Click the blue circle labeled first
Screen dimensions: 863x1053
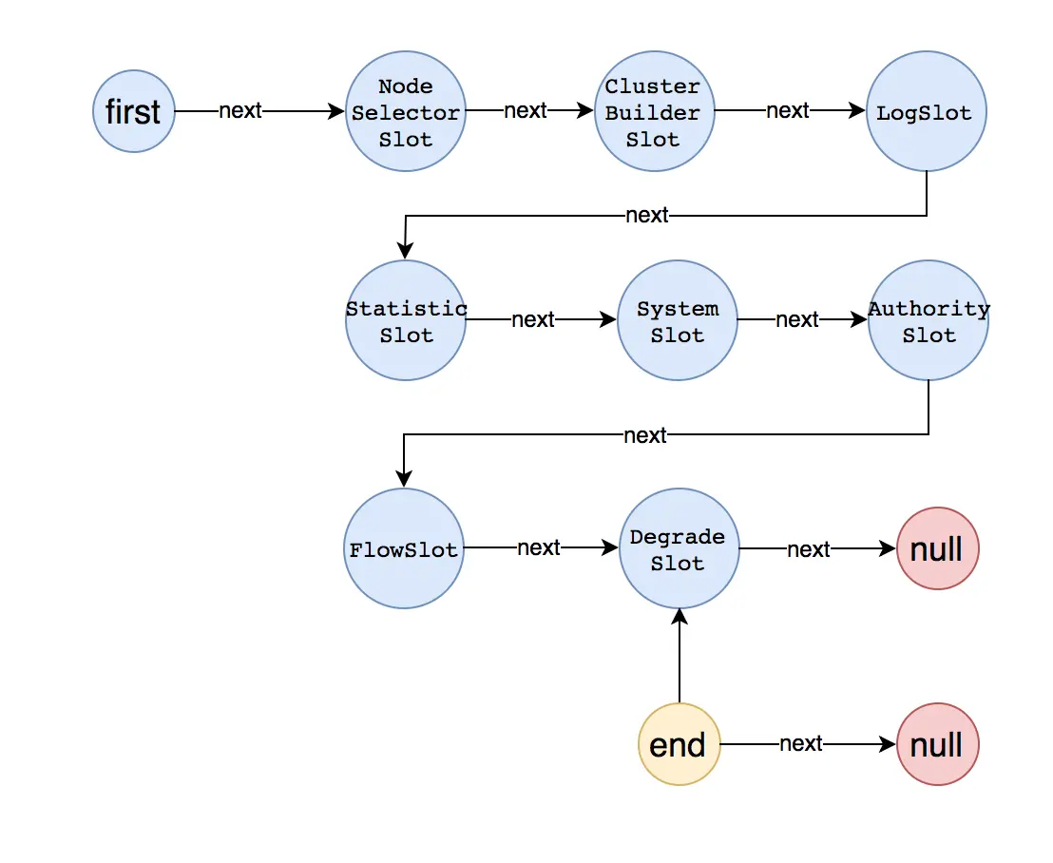coord(134,112)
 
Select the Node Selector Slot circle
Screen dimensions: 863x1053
coord(406,112)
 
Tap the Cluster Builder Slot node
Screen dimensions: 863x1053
coord(654,112)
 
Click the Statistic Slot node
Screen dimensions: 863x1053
coord(406,321)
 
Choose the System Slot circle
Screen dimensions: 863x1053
coord(678,321)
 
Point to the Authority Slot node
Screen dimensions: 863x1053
coord(929,321)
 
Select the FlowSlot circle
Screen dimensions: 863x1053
coord(404,549)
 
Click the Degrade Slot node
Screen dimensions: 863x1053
coord(679,549)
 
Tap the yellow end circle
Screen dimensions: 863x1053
coord(679,744)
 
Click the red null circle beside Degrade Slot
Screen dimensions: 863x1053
coord(937,549)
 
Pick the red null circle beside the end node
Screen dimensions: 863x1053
coord(937,744)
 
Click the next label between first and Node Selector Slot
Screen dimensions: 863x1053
coord(240,111)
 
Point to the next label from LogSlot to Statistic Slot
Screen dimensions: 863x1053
coord(647,216)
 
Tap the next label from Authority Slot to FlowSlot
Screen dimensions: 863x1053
coord(645,435)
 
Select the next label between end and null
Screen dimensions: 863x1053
coord(801,744)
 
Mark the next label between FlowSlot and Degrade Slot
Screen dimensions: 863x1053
coord(539,548)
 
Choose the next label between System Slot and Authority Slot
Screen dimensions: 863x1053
coord(797,320)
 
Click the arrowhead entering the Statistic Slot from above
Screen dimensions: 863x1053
coord(405,251)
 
